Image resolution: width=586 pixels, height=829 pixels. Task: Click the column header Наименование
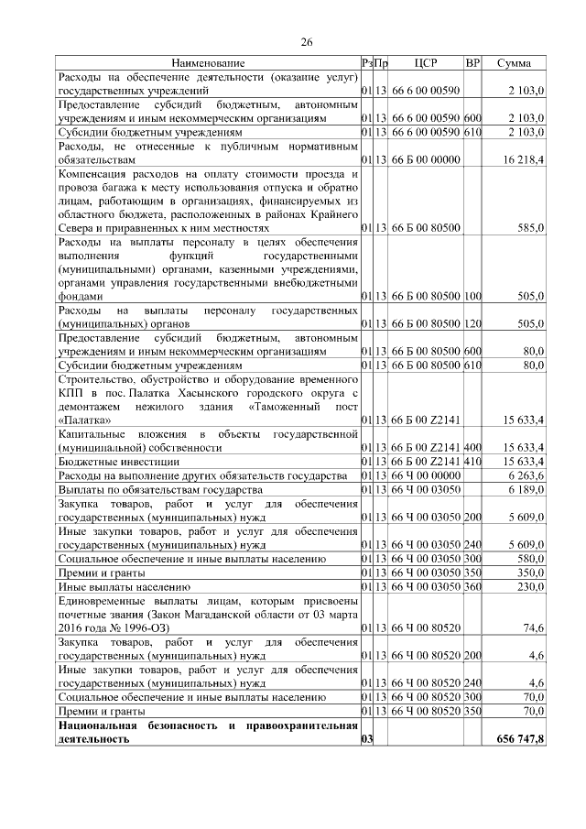[208, 63]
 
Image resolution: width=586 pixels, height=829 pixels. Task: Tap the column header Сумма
[515, 63]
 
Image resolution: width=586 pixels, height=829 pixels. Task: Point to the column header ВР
[472, 63]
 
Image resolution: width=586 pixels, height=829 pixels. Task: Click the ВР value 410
[472, 463]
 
